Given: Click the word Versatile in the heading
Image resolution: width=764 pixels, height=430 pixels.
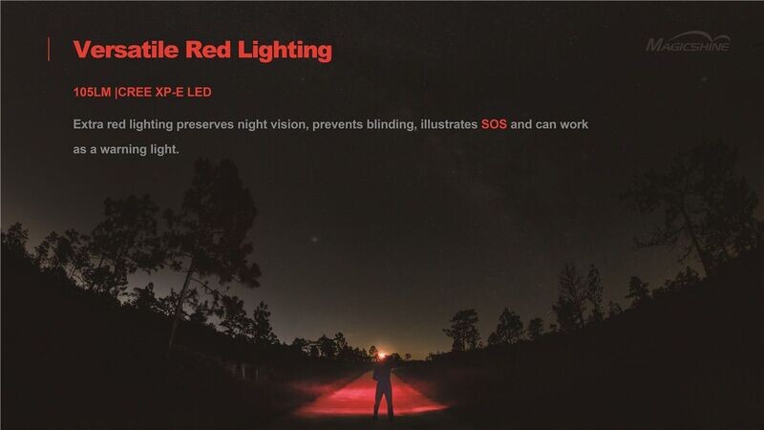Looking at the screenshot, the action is [126, 50].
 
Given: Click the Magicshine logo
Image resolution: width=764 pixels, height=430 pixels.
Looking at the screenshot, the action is [688, 42].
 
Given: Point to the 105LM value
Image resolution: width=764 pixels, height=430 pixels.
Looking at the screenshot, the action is [92, 92].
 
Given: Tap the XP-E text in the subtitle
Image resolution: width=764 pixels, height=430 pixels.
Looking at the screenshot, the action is [170, 92].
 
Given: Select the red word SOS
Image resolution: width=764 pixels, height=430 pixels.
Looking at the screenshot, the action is [494, 124].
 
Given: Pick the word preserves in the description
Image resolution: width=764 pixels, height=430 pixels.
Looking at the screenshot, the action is [205, 125].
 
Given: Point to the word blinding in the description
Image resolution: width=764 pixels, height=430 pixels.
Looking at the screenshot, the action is [392, 125].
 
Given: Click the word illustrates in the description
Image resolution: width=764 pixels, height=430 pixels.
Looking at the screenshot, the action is [449, 124].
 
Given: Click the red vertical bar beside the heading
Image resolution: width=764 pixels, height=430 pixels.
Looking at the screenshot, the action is [49, 50].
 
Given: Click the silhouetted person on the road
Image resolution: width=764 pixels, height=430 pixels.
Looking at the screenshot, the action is [383, 389].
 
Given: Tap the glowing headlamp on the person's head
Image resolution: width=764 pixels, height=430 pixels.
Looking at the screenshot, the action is [381, 355].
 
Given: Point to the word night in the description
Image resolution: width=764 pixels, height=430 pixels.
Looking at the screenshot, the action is [252, 125].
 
